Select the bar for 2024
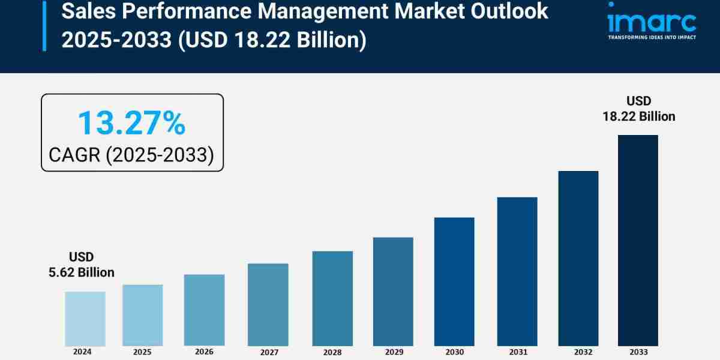[85, 319]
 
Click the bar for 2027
[268, 305]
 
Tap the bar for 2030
[454, 281]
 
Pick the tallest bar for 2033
[638, 240]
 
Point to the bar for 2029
[393, 292]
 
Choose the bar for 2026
[204, 310]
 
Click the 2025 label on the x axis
[142, 352]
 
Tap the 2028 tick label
[332, 352]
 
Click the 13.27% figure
[131, 123]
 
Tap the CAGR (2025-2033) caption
[131, 155]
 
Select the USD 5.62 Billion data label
[82, 265]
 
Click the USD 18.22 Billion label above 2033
[639, 109]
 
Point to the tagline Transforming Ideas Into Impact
[652, 37]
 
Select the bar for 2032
[578, 258]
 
